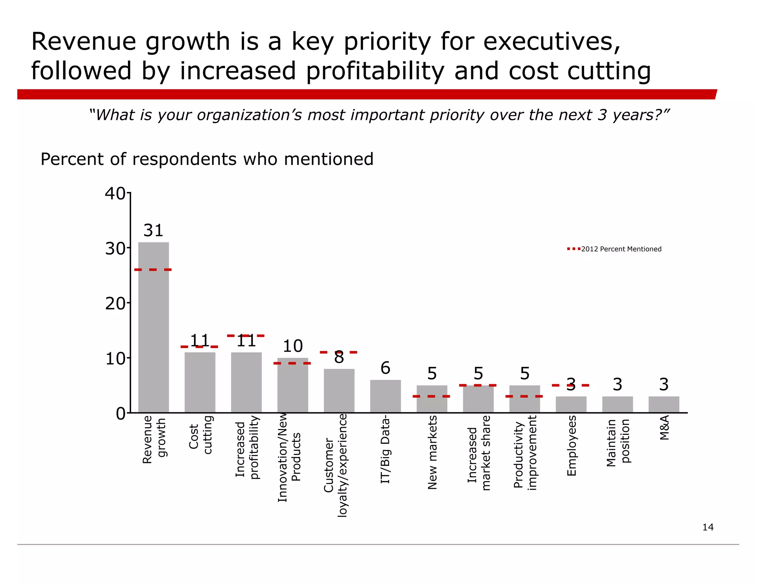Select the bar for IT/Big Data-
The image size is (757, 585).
(x=385, y=396)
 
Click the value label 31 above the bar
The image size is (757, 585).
(x=153, y=231)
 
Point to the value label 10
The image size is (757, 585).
(x=292, y=346)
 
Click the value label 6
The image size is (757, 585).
(x=385, y=368)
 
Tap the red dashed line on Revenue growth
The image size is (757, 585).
(x=153, y=270)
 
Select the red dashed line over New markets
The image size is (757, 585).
(x=431, y=396)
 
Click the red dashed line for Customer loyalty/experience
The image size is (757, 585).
(x=338, y=352)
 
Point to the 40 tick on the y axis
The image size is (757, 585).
(x=115, y=193)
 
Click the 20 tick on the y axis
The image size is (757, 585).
(x=115, y=304)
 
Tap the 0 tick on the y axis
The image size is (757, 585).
(x=120, y=414)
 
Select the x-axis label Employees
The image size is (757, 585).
(x=571, y=446)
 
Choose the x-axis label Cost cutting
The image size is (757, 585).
(x=200, y=434)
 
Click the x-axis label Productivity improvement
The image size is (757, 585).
(x=525, y=453)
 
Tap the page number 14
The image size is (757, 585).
(x=707, y=527)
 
